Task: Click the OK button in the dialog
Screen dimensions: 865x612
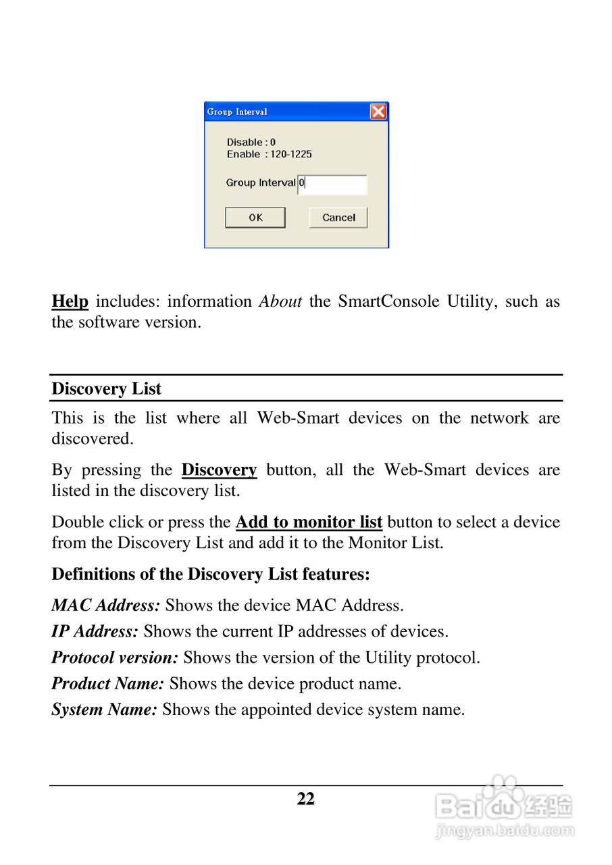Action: click(x=255, y=218)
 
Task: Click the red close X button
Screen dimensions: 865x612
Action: click(x=378, y=112)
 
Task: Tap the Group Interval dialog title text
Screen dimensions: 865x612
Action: click(x=237, y=112)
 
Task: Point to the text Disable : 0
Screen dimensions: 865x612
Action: click(x=251, y=143)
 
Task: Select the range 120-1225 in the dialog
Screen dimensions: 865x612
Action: click(x=291, y=155)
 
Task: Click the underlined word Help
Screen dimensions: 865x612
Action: click(x=70, y=301)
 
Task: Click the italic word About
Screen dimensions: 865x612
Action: click(x=280, y=301)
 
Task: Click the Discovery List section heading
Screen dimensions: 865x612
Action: click(x=107, y=389)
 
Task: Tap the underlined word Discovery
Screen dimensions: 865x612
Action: click(x=219, y=470)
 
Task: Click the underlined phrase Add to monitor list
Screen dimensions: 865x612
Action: click(x=309, y=522)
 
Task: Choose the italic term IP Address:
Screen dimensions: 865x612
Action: click(x=95, y=632)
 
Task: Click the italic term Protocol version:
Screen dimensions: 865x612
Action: click(x=115, y=658)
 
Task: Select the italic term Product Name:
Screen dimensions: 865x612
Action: click(x=108, y=684)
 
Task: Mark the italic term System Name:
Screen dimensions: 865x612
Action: click(x=105, y=710)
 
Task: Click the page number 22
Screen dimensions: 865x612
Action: click(x=306, y=799)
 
